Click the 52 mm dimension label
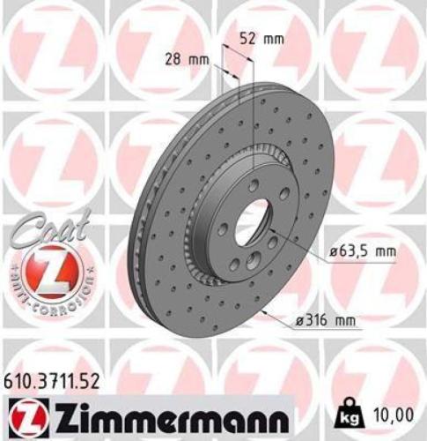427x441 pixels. tap(261, 39)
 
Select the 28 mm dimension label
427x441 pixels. tap(187, 60)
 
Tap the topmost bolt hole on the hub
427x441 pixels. tap(254, 184)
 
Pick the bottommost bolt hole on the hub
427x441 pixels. tap(254, 260)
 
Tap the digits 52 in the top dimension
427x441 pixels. tap(250, 39)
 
